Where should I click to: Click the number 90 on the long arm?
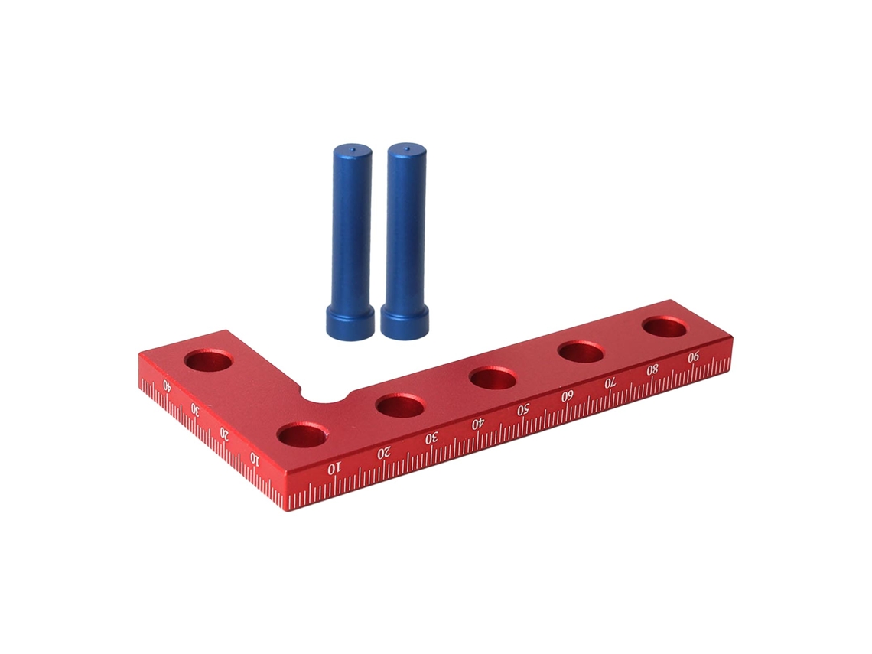tap(693, 357)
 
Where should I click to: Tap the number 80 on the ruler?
tap(652, 369)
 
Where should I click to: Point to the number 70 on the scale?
tap(610, 382)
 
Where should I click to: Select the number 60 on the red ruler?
tap(567, 396)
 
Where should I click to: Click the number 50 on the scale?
tap(522, 411)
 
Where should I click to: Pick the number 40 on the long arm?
tap(478, 424)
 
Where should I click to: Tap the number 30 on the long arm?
tap(431, 438)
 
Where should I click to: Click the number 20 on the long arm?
tap(384, 454)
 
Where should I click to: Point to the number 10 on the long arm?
tap(333, 469)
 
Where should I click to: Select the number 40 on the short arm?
tap(166, 384)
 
